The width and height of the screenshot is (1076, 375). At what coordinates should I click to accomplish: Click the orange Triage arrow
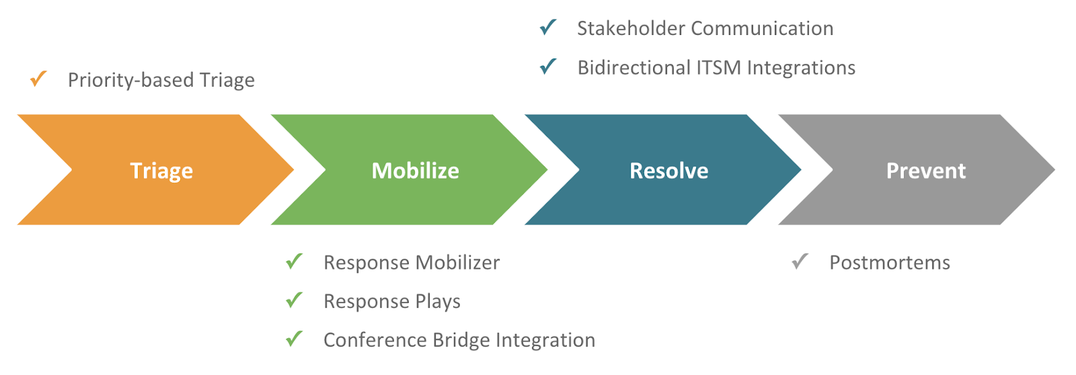161,170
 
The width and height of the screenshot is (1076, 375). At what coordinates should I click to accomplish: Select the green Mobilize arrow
415,170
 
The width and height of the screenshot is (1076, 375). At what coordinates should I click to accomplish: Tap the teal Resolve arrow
668,170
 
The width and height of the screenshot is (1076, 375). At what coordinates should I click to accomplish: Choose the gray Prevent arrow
925,170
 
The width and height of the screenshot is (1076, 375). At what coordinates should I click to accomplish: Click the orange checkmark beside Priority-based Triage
38,79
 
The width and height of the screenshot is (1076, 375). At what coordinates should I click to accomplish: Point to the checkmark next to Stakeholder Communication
548,28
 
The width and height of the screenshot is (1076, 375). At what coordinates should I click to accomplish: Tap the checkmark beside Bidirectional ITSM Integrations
548,67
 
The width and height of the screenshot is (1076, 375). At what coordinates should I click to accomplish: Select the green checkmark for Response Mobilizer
294,261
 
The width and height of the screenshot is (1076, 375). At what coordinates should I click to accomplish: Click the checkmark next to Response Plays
294,300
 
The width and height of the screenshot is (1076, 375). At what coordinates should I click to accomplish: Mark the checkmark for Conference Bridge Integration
294,339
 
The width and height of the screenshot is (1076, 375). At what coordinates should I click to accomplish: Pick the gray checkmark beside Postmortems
800,261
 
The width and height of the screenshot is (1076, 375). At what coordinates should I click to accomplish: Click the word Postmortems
890,262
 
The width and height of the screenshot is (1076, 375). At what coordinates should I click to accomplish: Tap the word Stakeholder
631,28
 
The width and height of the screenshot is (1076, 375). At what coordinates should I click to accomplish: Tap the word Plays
438,302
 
